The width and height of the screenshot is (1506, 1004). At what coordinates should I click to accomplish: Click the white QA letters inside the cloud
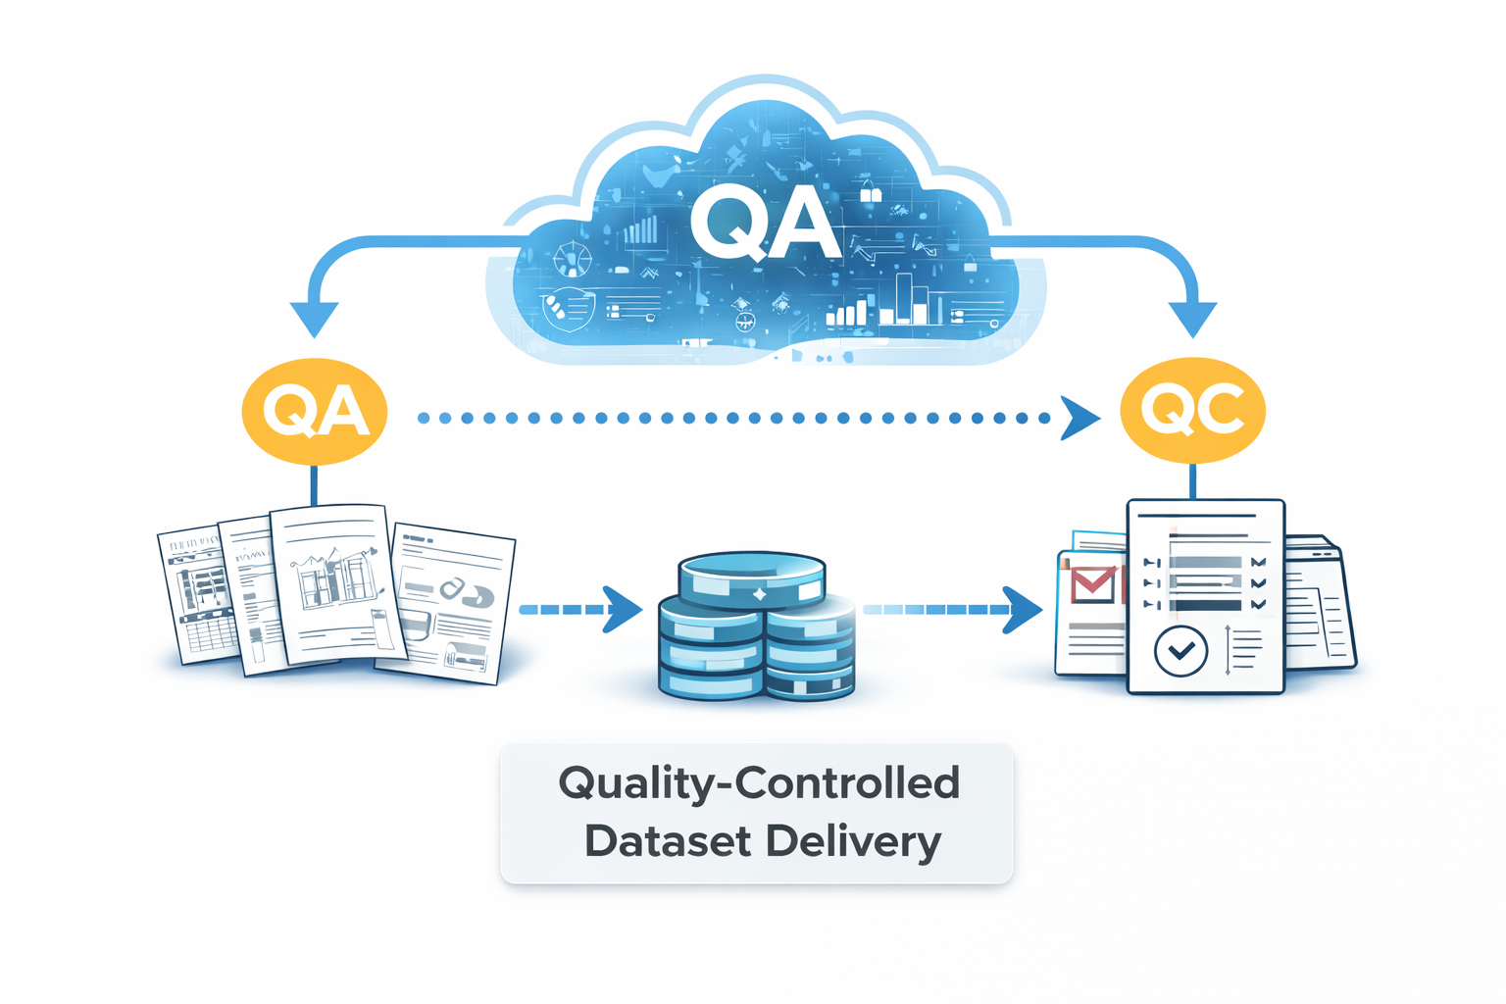764,224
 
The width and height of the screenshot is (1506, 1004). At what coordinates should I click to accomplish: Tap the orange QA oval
315,411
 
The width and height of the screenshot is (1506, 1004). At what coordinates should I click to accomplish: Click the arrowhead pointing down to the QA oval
315,319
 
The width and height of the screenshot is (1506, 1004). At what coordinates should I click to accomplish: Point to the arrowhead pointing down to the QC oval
1192,319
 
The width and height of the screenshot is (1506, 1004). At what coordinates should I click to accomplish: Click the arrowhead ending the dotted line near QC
1079,419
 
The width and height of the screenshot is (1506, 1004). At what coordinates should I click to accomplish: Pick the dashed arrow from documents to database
579,610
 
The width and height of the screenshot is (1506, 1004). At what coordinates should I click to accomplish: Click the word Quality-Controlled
758,783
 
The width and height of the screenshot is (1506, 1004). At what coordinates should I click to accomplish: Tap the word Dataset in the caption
668,841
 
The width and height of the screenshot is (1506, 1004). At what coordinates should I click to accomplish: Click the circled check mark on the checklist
1180,650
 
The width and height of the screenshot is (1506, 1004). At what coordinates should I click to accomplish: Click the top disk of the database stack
752,578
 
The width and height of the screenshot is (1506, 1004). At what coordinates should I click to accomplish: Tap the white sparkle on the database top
758,594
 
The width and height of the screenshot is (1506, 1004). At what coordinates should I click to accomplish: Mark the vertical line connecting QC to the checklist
1192,481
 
